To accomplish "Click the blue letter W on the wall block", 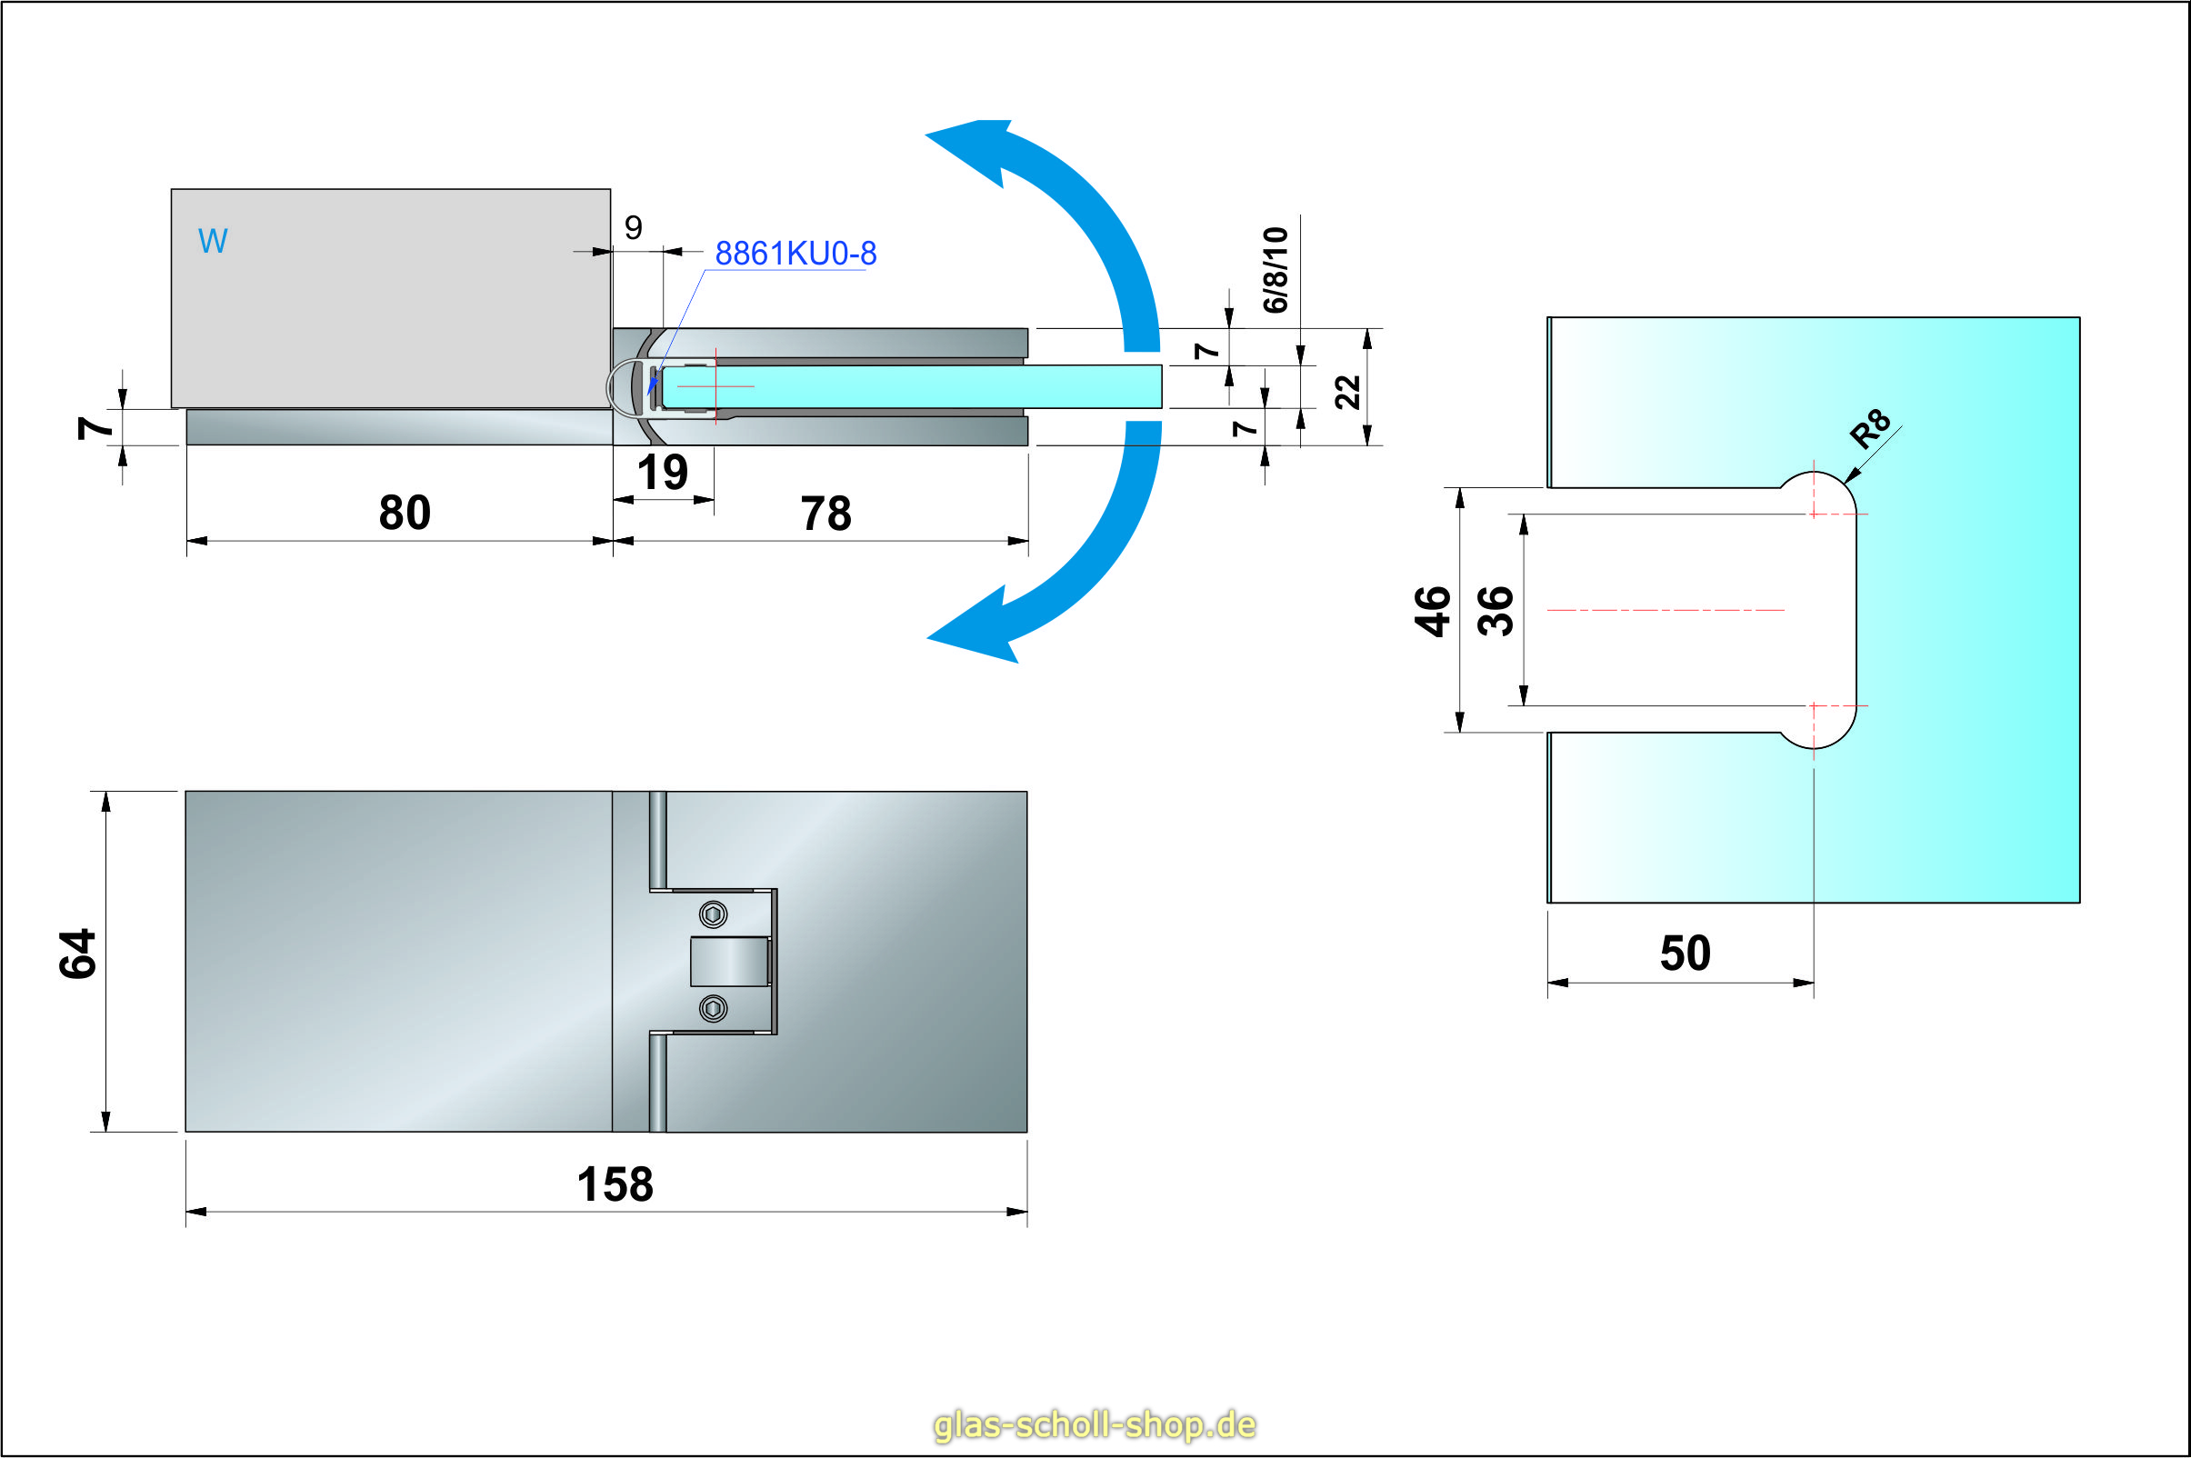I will tap(213, 242).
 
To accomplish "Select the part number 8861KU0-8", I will tap(795, 254).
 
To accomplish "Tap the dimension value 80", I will tap(405, 514).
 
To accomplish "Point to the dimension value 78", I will tap(825, 514).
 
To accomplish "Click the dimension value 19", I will tap(662, 474).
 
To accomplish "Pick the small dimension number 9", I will tap(634, 228).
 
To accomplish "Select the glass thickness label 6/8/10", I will tap(1275, 270).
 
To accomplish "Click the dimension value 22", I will tap(1347, 393).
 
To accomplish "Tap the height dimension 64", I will tap(78, 954).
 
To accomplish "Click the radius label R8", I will tap(1869, 428).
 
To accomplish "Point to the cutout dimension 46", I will tap(1433, 611).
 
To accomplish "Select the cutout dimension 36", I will tap(1496, 611).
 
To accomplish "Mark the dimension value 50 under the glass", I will tap(1686, 954).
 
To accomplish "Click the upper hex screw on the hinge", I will tap(714, 915).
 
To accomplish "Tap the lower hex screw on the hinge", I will tap(714, 1008).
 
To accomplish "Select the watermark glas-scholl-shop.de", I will tap(1095, 1424).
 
